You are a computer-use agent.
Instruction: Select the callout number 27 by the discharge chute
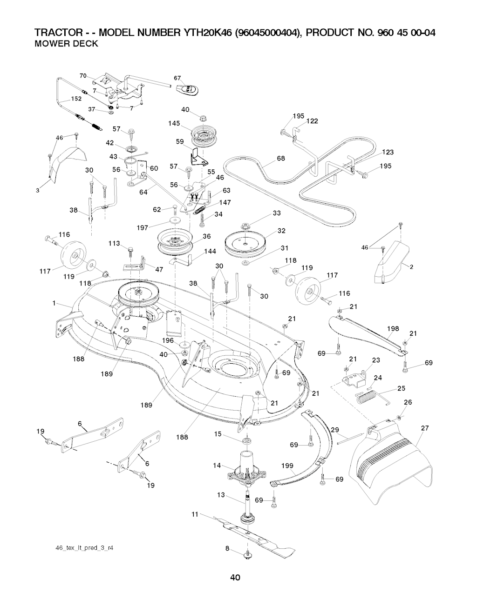tap(424, 428)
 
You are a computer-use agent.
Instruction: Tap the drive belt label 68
tap(280, 159)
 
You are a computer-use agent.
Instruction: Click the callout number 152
tap(76, 99)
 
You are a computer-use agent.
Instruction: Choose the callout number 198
tap(393, 329)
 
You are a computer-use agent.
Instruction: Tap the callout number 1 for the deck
tap(55, 304)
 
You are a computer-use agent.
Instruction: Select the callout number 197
tap(143, 228)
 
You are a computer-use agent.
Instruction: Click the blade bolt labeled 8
tap(247, 554)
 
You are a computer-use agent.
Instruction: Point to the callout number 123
tap(388, 153)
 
